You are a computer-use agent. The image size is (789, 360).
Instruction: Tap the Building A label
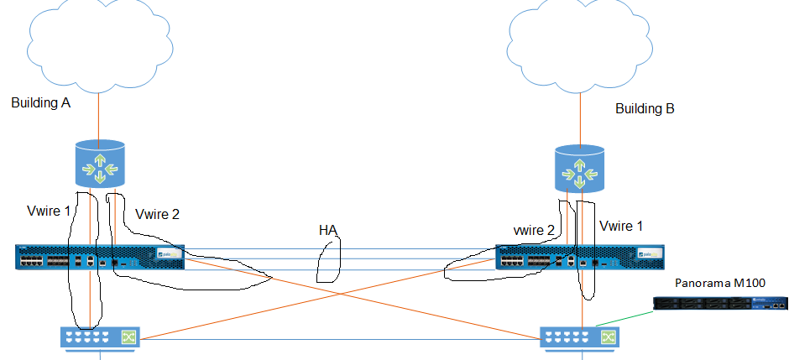[40, 103]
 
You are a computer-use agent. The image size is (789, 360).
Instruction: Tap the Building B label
[645, 109]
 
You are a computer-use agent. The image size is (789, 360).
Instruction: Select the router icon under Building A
[100, 164]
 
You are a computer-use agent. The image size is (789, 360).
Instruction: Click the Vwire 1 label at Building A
[48, 211]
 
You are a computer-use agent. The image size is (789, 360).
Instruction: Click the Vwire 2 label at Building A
[157, 215]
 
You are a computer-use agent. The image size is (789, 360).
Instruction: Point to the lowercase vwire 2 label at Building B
[534, 229]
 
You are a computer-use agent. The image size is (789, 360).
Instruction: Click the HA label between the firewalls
[329, 229]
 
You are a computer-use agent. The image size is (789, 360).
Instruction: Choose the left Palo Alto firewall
[99, 257]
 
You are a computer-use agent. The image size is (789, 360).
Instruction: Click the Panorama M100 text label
[720, 283]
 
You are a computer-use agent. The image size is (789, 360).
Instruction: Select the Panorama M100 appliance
[724, 309]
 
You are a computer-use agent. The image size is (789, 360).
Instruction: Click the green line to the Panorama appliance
[625, 319]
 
